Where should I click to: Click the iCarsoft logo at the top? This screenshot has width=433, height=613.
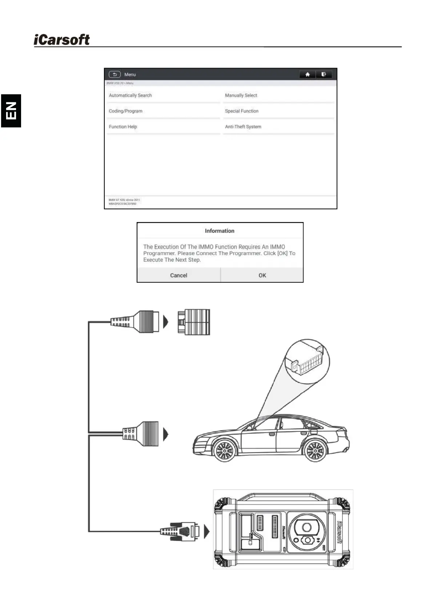[x=62, y=40]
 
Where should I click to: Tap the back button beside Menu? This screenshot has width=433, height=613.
[x=115, y=74]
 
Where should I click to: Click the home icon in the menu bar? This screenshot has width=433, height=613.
[x=307, y=74]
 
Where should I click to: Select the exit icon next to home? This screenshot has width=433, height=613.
[x=324, y=74]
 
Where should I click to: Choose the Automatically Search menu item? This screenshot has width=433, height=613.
[x=130, y=95]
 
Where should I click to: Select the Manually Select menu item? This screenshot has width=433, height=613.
[x=241, y=95]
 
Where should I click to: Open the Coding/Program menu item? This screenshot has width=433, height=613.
[x=125, y=111]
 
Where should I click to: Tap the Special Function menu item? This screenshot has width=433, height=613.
[x=241, y=111]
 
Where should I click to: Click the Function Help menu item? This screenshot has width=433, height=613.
[x=123, y=127]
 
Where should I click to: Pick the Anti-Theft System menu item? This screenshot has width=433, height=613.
[x=243, y=127]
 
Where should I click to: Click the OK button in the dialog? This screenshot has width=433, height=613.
[x=262, y=275]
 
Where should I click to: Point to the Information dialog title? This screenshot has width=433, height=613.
[x=220, y=231]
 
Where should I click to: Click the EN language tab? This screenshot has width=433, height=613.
[x=11, y=111]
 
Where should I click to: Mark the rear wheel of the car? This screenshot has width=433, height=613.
[x=315, y=451]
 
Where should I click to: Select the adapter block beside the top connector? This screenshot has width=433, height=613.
[x=194, y=322]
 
